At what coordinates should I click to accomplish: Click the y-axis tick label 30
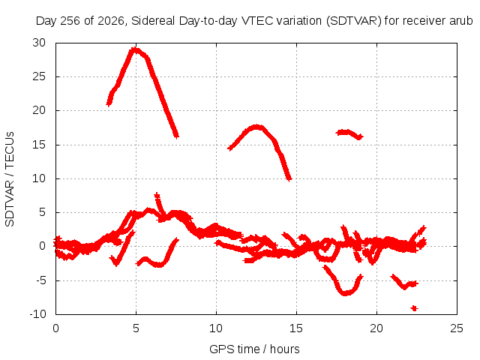[x=39, y=43]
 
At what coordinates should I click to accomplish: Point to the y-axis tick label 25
[x=39, y=76]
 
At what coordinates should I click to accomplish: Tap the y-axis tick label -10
[x=37, y=314]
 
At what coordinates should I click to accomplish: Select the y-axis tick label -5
[x=40, y=280]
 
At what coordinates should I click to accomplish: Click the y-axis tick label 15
[x=39, y=145]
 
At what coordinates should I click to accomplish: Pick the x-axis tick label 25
[x=457, y=328]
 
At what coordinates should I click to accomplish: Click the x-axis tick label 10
[x=216, y=328]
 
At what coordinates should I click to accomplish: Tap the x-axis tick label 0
[x=55, y=328]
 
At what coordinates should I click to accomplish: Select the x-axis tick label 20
[x=376, y=328]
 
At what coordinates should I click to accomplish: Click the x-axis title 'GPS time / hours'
[x=254, y=349]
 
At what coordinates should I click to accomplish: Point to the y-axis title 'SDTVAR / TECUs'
[x=10, y=179]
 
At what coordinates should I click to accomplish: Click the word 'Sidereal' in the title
[x=153, y=21]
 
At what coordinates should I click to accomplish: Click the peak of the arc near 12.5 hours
[x=256, y=127]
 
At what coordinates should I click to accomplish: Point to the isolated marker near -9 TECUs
[x=415, y=308]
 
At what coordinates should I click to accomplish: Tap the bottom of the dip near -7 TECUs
[x=345, y=293]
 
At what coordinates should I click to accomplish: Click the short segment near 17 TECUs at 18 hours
[x=349, y=133]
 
